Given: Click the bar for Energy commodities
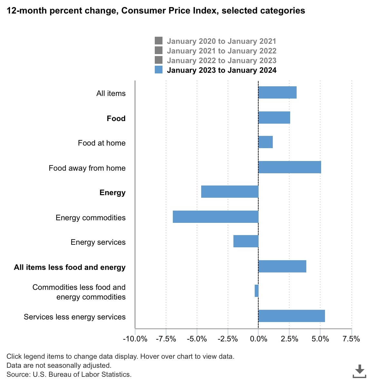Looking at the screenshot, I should tap(215, 217).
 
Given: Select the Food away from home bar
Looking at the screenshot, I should tap(290, 167).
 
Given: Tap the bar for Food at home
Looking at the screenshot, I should tap(266, 142).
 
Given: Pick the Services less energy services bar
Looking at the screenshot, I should tap(291, 316).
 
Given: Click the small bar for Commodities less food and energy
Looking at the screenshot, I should tap(257, 291).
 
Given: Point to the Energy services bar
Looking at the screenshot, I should tap(246, 241).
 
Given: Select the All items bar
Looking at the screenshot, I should tap(277, 92).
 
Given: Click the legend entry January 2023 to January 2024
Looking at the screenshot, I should tap(221, 70).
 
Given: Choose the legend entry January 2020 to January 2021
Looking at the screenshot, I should tap(221, 41).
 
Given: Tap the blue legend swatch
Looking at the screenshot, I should tap(159, 70).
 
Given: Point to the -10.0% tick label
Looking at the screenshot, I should tap(135, 339).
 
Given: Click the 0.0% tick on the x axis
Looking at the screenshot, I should tap(259, 339).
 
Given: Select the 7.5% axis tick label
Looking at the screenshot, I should tap(351, 339).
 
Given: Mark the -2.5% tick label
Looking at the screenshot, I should tap(228, 339).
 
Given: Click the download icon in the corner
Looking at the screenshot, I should tap(359, 371).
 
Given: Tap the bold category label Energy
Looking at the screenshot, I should tap(112, 193).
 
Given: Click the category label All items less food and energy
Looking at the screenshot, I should tap(70, 267).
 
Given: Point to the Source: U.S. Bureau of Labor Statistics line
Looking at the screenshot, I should tap(69, 375).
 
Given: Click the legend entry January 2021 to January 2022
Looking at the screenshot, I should tap(221, 51).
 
